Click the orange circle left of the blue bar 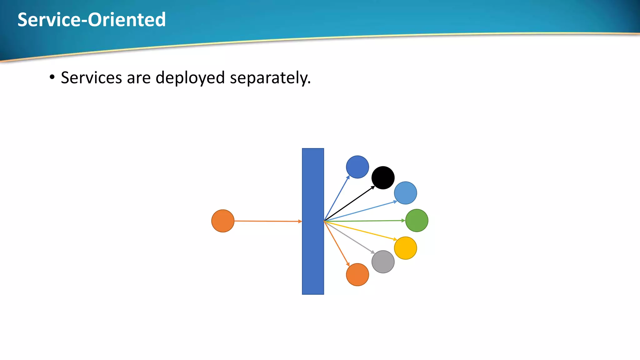click(x=223, y=221)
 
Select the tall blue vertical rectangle click(x=313, y=221)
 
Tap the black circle click(x=383, y=178)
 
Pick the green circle click(x=417, y=221)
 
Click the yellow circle click(x=405, y=248)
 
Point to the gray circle click(x=383, y=262)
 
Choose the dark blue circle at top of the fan click(x=357, y=167)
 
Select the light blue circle click(x=405, y=193)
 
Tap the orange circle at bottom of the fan click(x=357, y=275)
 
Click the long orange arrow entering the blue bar click(x=268, y=221)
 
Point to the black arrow click(x=349, y=203)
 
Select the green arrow click(x=364, y=221)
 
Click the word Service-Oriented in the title click(x=92, y=20)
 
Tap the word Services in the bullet click(x=91, y=77)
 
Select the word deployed click(x=190, y=78)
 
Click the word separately click(x=270, y=78)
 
